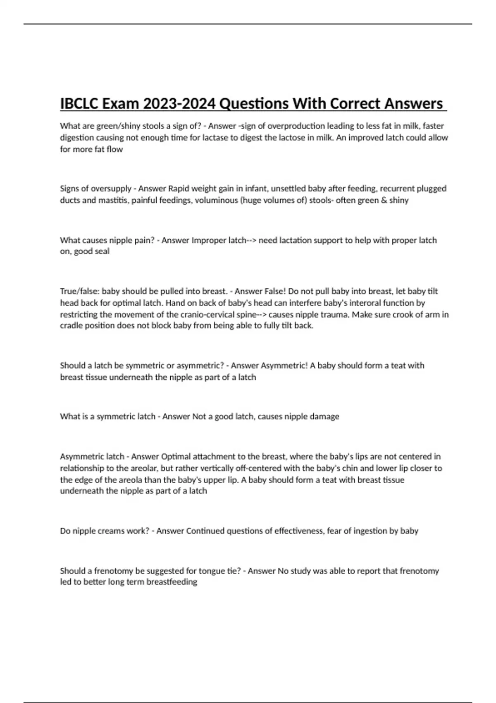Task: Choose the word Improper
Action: pos(209,240)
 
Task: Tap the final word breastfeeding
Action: pos(172,582)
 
